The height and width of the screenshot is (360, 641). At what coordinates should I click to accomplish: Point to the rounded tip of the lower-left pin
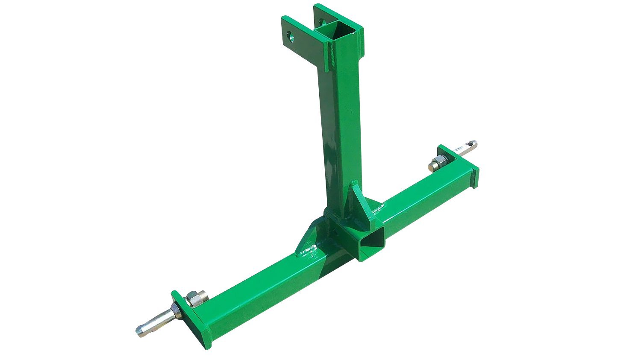[x=140, y=331]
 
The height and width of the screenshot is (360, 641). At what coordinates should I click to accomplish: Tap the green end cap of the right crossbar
[x=474, y=176]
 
